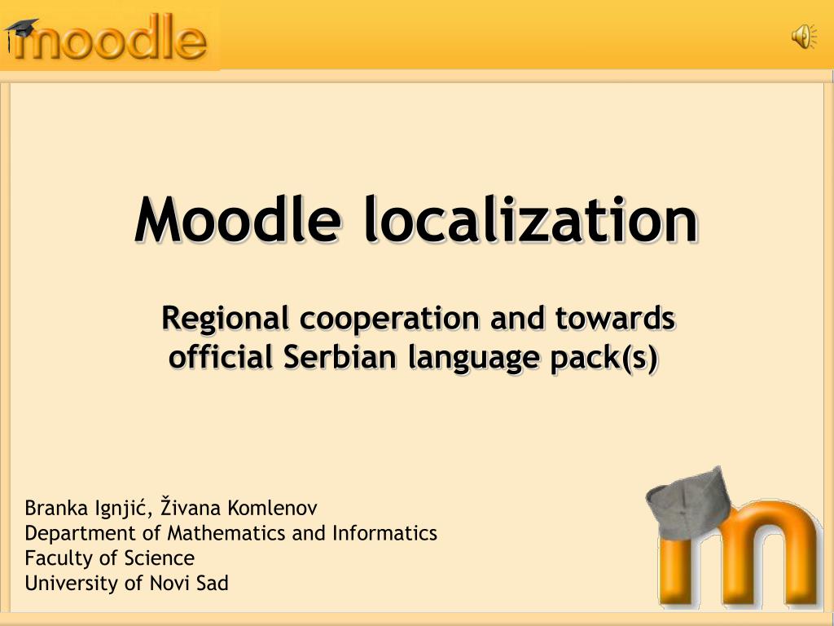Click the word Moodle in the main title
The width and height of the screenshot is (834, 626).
tap(237, 220)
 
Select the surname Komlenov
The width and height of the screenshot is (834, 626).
tap(272, 509)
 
